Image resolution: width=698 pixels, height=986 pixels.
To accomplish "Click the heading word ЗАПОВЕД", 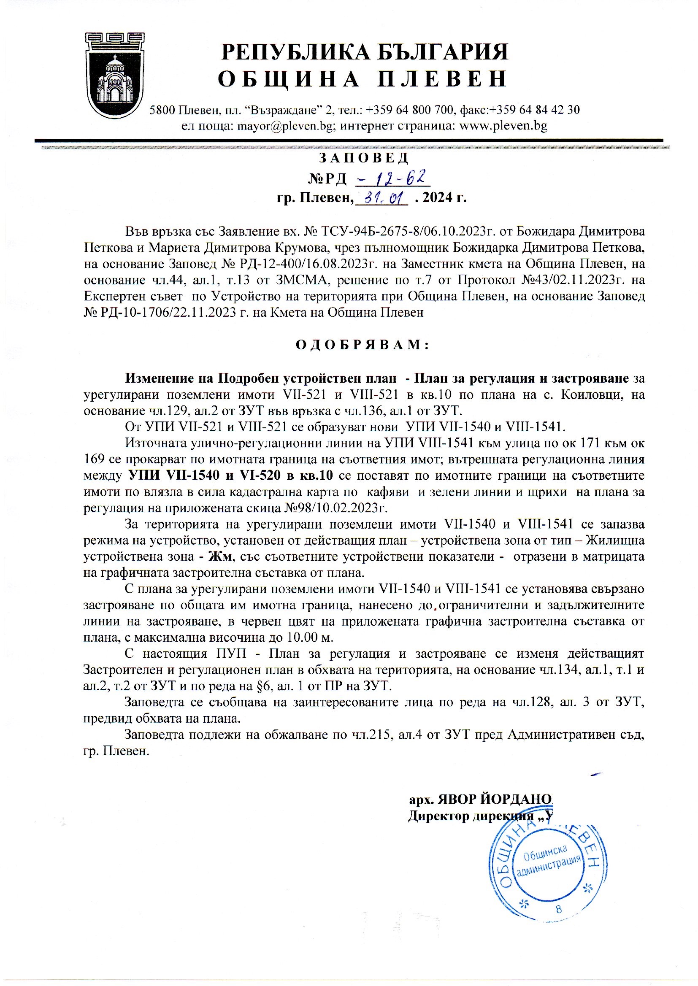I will tap(363, 158).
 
